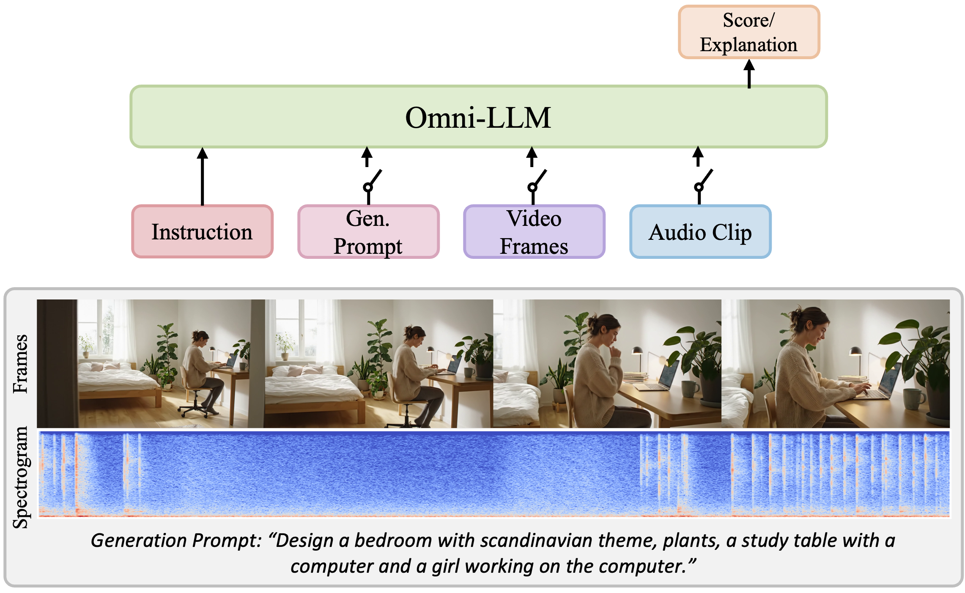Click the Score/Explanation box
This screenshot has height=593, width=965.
pyautogui.click(x=749, y=32)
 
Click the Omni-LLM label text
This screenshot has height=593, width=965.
pyautogui.click(x=478, y=117)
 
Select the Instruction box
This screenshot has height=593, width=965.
pyautogui.click(x=202, y=231)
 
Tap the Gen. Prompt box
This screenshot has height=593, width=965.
pyautogui.click(x=368, y=231)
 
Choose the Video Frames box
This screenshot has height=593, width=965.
pyautogui.click(x=534, y=231)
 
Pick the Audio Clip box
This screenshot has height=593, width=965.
pyautogui.click(x=700, y=231)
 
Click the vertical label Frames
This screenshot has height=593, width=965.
pyautogui.click(x=20, y=364)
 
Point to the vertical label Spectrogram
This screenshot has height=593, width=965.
pyautogui.click(x=20, y=477)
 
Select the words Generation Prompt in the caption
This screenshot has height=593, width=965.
pyautogui.click(x=176, y=541)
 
